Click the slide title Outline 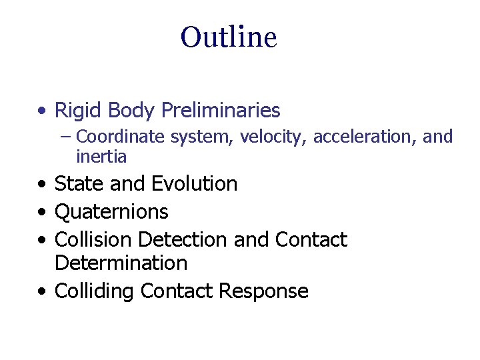[x=228, y=37]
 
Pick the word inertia [x=101, y=157]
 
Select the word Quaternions [x=111, y=212]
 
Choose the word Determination [x=121, y=263]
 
